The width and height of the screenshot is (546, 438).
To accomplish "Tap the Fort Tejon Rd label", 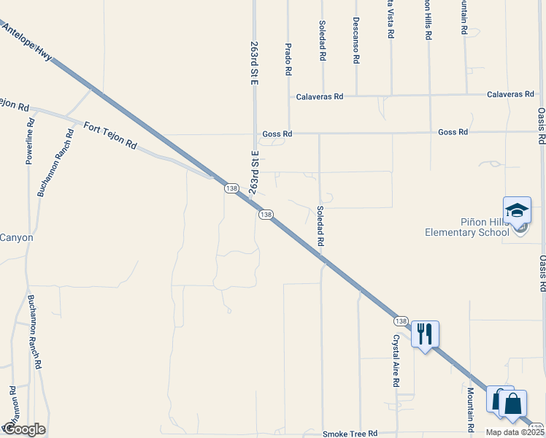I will click(110, 134).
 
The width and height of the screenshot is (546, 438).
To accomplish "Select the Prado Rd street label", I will click(288, 58).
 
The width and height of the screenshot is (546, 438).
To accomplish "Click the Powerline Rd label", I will click(31, 138).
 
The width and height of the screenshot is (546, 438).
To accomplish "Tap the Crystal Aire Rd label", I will click(396, 361).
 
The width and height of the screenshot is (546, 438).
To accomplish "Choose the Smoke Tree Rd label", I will click(350, 434).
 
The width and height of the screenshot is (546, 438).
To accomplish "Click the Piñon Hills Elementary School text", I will click(467, 228).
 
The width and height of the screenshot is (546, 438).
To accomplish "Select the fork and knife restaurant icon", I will click(425, 334).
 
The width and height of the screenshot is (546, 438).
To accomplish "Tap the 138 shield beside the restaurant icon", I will click(401, 321).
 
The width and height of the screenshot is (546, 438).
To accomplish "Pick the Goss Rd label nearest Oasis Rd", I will click(453, 132).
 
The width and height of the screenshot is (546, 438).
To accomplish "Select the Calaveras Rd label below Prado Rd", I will click(319, 96).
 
